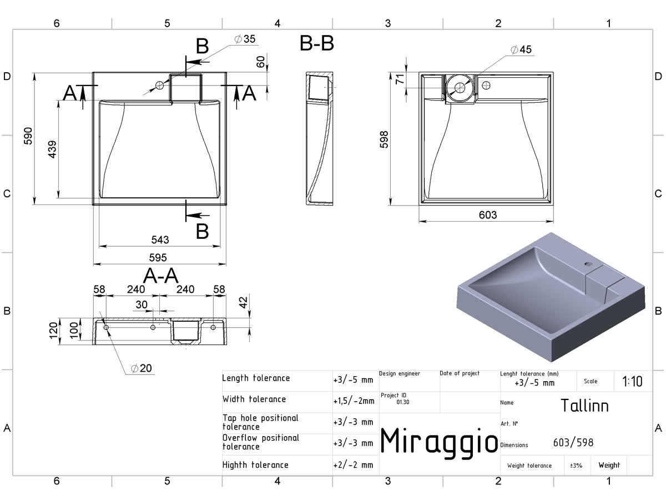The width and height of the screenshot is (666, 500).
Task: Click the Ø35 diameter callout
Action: (245, 39)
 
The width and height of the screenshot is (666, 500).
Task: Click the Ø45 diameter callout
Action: (521, 49)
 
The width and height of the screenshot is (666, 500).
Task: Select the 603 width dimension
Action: (488, 215)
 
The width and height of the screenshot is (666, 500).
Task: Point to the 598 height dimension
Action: (384, 139)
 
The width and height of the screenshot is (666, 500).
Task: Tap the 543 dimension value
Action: (160, 240)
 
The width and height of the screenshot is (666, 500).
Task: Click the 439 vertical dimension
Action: (52, 149)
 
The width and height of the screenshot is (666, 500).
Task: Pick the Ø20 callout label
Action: (141, 368)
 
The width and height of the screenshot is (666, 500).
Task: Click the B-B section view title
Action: (317, 43)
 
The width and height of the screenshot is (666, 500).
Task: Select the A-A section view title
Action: (160, 276)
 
